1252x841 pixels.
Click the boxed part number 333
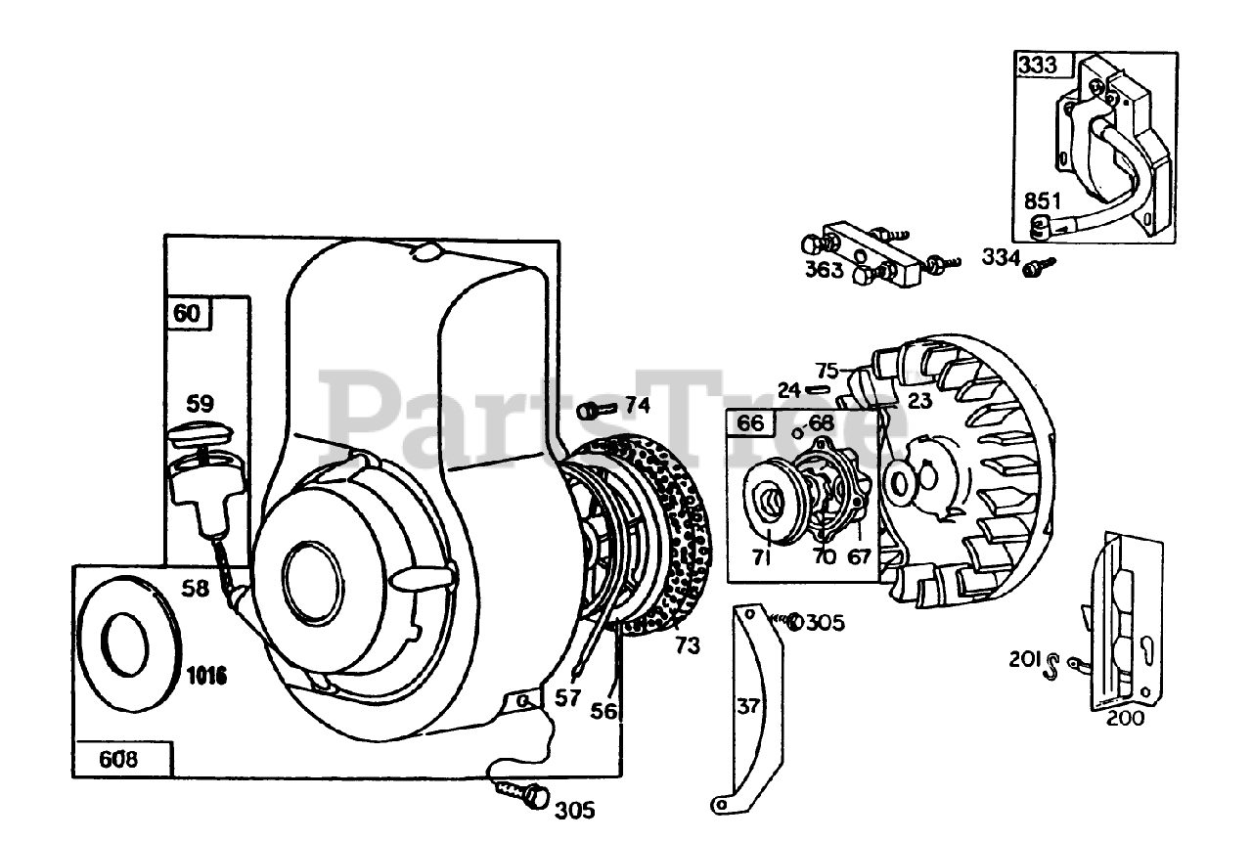(1038, 66)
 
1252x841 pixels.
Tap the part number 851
(1042, 200)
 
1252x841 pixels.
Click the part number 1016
(207, 674)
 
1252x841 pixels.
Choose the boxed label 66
(750, 424)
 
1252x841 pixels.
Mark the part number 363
(824, 269)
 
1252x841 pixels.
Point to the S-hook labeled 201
(1053, 667)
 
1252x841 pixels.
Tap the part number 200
(1125, 718)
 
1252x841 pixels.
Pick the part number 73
(688, 645)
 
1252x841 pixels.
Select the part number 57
(568, 697)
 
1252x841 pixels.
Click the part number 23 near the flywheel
(918, 399)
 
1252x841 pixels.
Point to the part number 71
(763, 557)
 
